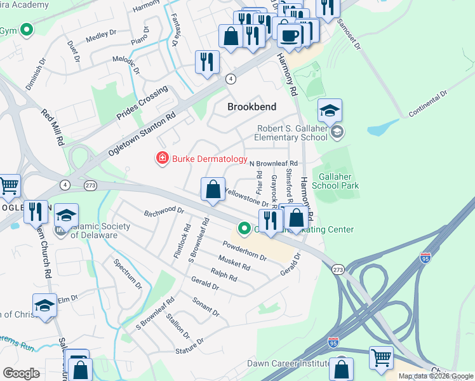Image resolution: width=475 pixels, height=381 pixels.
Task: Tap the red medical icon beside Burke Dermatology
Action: [163, 158]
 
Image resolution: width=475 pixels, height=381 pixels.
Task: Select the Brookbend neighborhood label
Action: [252, 107]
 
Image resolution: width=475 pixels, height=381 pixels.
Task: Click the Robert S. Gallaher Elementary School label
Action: [291, 133]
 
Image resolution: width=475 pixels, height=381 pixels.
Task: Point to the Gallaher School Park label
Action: [339, 181]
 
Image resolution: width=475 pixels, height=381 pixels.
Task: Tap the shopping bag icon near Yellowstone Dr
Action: [213, 190]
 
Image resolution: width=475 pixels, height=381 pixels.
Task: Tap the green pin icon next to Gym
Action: [27, 30]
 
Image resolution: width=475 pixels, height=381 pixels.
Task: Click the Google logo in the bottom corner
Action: [21, 373]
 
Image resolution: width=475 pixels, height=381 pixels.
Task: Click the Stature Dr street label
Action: [189, 345]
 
